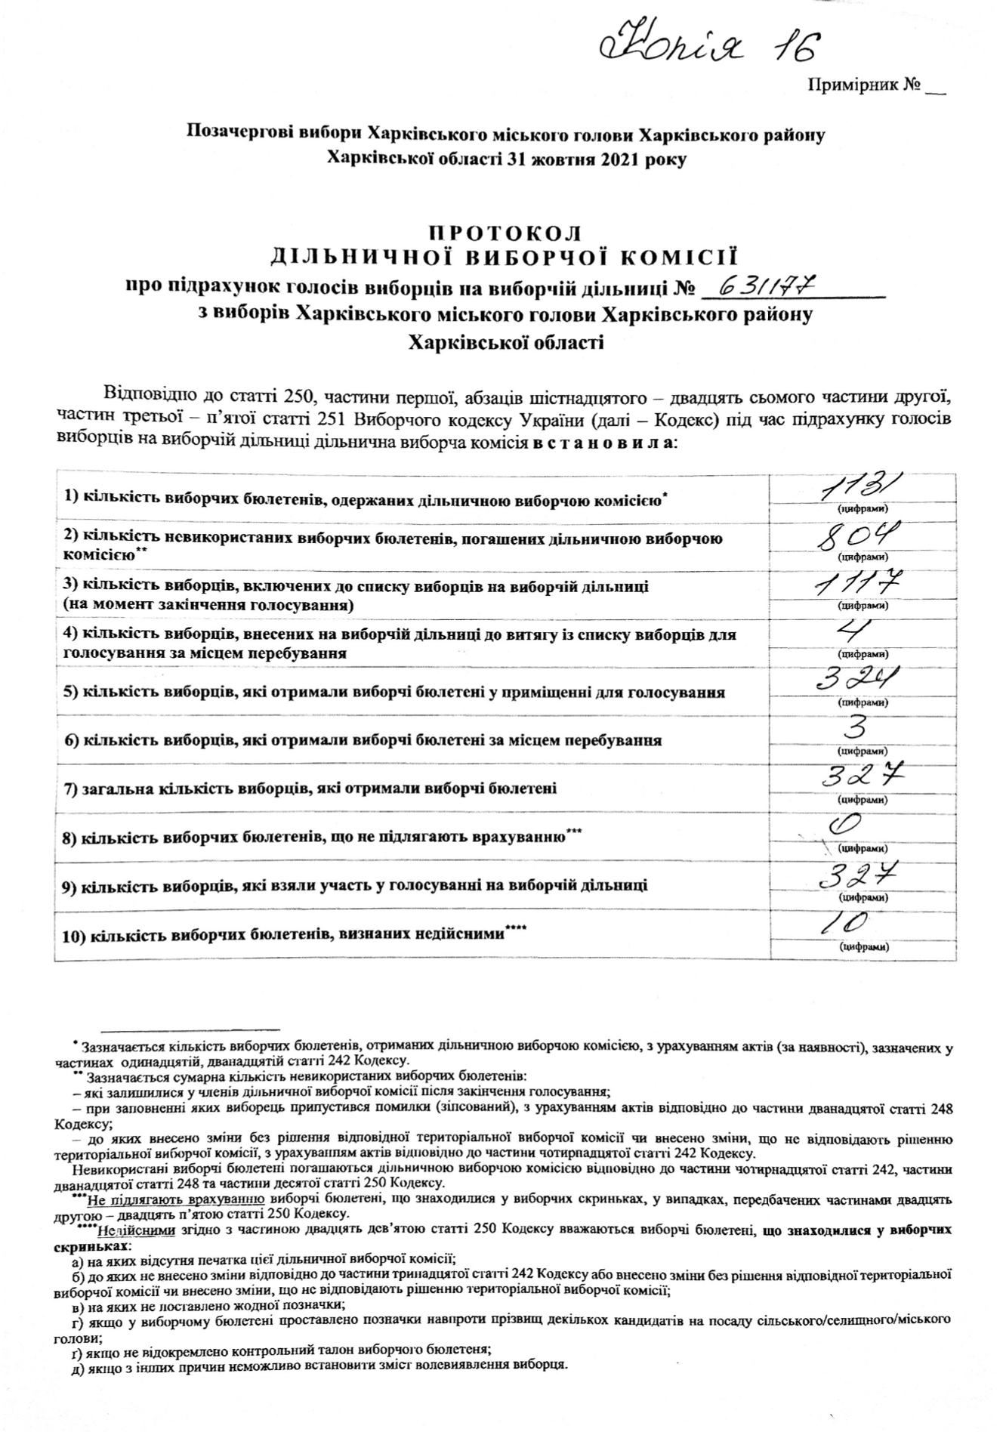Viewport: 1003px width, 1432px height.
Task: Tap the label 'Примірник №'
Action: [864, 85]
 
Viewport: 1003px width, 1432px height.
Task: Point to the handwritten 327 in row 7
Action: [861, 778]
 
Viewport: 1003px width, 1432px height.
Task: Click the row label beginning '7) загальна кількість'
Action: [310, 789]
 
